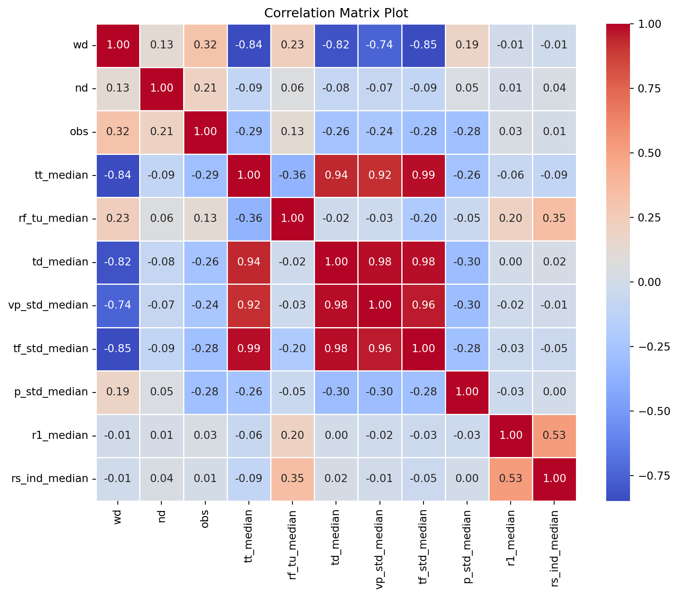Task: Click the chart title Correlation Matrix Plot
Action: [x=336, y=13]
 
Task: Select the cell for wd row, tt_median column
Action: [x=249, y=44]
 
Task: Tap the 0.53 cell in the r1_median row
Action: [x=554, y=435]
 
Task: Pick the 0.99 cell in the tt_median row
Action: [x=423, y=175]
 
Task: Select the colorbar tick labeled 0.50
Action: [x=650, y=153]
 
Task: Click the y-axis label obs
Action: [x=79, y=132]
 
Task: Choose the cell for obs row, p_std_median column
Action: [x=467, y=132]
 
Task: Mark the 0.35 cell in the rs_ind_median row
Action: [x=292, y=478]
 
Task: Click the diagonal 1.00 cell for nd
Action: [x=162, y=88]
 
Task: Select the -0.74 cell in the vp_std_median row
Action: [x=118, y=305]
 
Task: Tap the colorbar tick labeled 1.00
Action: [x=650, y=24]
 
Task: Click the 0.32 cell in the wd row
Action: [x=205, y=44]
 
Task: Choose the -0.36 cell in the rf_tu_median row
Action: [x=249, y=218]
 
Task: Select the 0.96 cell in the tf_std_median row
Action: [x=380, y=349]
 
